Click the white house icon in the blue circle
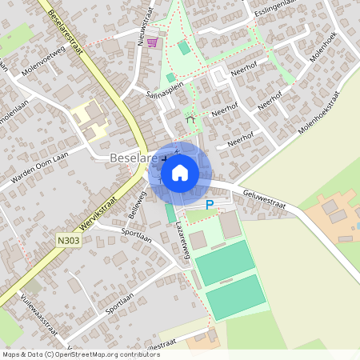tap(180, 172)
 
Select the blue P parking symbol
tap(210, 205)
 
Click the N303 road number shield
tap(69, 238)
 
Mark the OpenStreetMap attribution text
tap(81, 354)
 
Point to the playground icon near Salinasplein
tap(190, 119)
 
